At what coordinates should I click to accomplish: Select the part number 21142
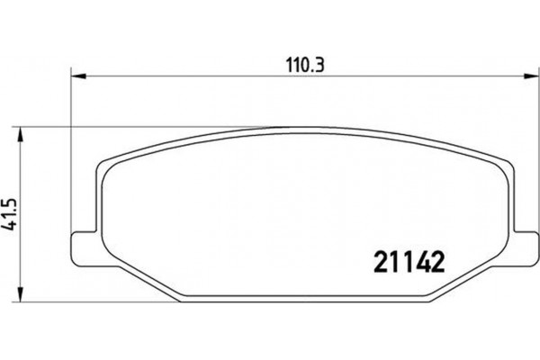[410, 261]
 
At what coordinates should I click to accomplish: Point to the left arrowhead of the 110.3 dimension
[76, 76]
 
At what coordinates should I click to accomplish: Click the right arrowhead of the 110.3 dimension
[525, 76]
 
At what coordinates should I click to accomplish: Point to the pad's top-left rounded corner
[104, 167]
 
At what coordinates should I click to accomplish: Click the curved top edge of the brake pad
[301, 130]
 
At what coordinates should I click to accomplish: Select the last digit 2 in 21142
[439, 261]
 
